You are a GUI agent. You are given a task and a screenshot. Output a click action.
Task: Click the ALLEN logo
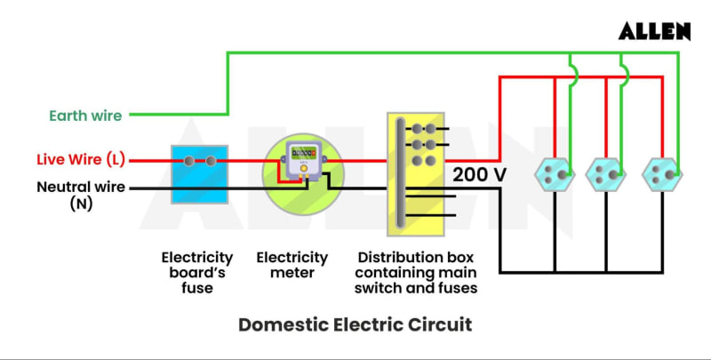[655, 31]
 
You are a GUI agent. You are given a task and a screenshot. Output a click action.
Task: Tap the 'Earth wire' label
[85, 115]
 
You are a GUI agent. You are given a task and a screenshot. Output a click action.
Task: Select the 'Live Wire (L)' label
[80, 160]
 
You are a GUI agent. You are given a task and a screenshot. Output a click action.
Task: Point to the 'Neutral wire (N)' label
[81, 195]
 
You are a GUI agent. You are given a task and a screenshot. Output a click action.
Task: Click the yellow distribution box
[416, 174]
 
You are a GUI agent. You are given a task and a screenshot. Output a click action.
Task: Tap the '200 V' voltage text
[479, 174]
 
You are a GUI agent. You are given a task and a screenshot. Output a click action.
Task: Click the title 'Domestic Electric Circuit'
[355, 324]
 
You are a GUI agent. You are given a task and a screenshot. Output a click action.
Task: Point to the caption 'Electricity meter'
[292, 265]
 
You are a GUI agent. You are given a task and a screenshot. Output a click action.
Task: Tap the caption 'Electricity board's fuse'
[197, 272]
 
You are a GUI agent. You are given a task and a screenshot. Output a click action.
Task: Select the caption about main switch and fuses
[416, 272]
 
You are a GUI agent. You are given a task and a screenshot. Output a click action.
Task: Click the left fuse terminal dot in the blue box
[188, 161]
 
